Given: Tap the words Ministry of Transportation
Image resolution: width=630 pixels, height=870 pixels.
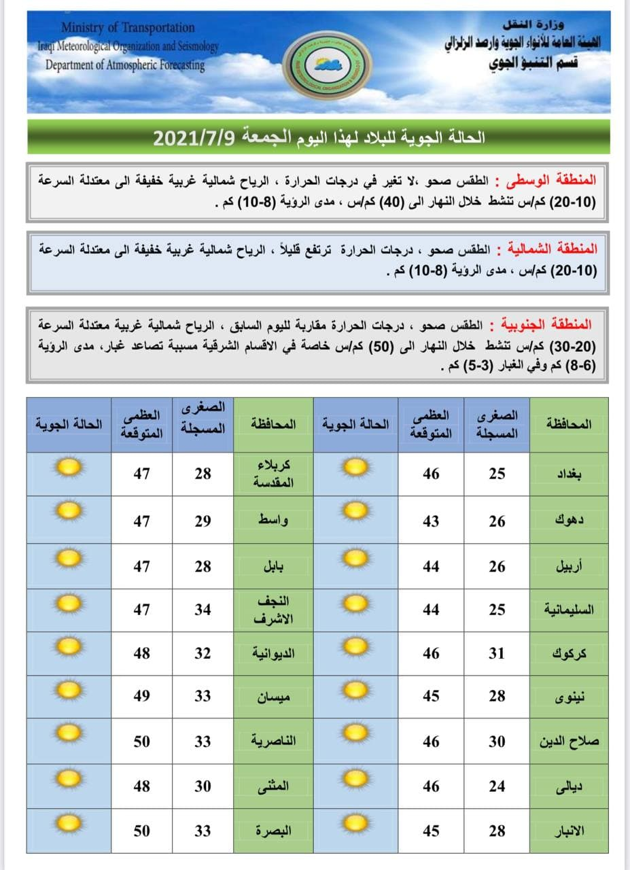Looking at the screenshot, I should [x=128, y=28].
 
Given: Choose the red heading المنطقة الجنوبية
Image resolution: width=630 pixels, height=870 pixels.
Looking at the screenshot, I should [x=550, y=323].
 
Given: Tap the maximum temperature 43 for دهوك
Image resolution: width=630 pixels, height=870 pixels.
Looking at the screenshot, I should [x=431, y=521].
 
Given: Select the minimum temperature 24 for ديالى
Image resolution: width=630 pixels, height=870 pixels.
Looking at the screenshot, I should [x=497, y=786].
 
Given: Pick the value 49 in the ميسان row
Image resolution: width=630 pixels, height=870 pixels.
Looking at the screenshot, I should [x=141, y=696].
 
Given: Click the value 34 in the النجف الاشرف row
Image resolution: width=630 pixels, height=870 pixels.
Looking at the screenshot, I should [x=203, y=610].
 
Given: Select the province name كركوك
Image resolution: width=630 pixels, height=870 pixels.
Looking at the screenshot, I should [x=570, y=654].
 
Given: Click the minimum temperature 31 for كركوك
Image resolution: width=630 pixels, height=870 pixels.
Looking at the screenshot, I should [x=497, y=654].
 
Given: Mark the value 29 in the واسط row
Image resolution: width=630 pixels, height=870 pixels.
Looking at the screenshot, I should [x=203, y=521].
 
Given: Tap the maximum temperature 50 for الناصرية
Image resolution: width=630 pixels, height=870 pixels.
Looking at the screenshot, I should [x=141, y=742].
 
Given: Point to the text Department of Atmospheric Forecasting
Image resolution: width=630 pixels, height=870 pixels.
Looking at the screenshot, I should [x=125, y=65].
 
